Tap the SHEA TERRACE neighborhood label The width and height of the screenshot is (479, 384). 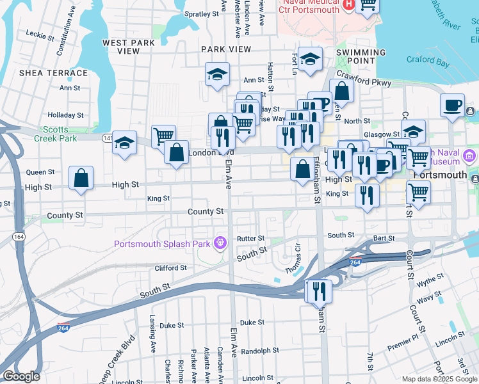(49, 73)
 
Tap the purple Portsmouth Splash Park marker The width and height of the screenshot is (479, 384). (221, 243)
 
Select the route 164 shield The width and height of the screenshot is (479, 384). (5, 236)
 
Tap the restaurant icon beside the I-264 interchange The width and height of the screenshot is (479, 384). (319, 292)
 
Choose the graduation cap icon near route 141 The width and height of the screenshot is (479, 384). (125, 143)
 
